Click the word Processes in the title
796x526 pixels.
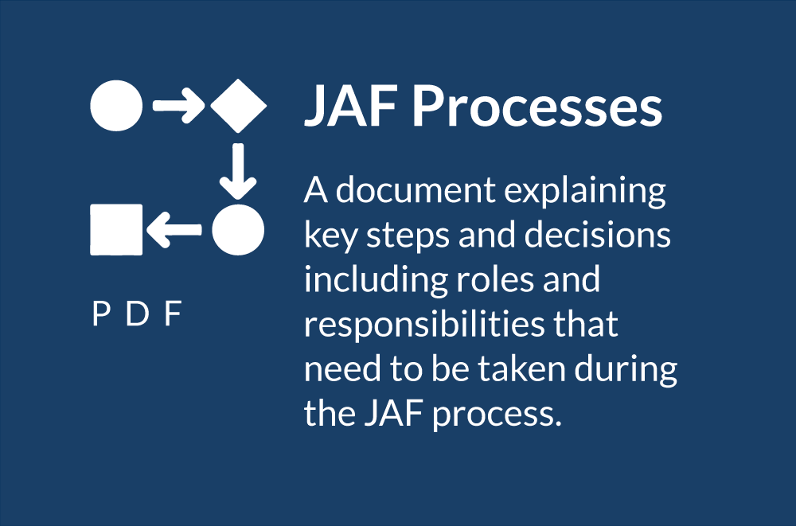(537, 106)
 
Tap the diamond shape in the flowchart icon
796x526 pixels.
(239, 106)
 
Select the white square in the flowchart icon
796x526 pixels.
(116, 229)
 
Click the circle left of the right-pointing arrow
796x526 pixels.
(116, 106)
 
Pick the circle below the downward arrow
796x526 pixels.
(238, 229)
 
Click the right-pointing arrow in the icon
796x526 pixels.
(178, 106)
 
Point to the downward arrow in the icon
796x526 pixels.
(238, 171)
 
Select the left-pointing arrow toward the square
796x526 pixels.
(174, 229)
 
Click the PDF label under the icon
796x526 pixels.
(137, 314)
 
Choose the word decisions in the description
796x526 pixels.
(598, 235)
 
